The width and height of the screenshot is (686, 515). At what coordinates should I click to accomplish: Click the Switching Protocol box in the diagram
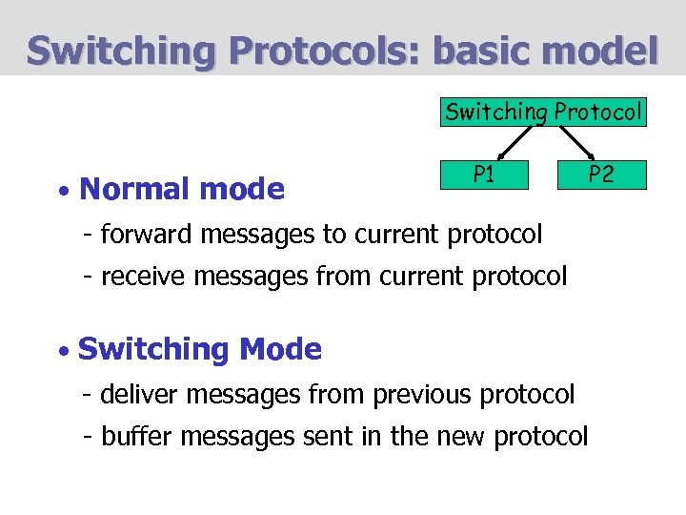click(x=544, y=113)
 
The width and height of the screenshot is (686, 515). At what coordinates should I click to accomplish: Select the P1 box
click(x=484, y=175)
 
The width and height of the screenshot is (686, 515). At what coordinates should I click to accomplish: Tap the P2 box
click(x=600, y=175)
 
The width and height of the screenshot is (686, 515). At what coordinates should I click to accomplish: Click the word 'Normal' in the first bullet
click(x=133, y=190)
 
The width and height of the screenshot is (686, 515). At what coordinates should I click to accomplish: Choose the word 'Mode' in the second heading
click(x=281, y=350)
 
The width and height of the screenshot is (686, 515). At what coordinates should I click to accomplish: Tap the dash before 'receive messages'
click(x=88, y=278)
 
